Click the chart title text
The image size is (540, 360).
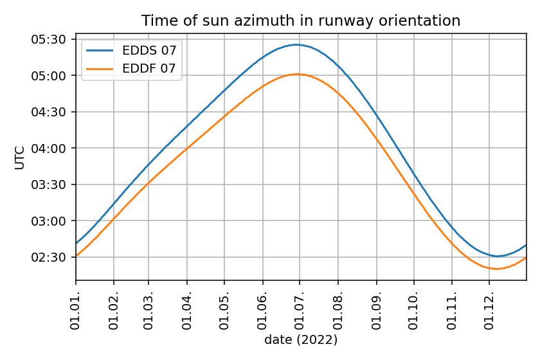tap(301, 21)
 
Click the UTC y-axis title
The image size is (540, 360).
tap(20, 157)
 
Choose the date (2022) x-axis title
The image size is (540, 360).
tap(301, 339)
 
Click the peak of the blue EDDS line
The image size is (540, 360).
tap(296, 44)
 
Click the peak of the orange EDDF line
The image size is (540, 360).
tap(296, 74)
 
